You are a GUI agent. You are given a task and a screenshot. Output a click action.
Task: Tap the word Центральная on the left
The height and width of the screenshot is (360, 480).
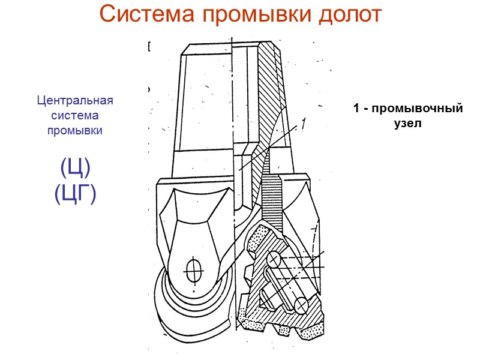[75, 100]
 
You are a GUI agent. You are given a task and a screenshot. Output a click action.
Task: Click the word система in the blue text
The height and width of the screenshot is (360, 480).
[75, 115]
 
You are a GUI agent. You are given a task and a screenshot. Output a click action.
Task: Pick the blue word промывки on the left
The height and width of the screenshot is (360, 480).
[75, 130]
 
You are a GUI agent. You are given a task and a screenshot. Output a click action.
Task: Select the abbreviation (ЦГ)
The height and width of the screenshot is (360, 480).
[75, 193]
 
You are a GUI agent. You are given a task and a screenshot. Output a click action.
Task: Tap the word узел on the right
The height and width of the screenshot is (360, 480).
[409, 124]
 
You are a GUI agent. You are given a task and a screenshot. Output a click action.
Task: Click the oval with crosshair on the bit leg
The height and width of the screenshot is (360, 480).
[193, 269]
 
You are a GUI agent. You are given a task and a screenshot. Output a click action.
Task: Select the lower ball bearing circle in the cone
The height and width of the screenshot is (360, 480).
[302, 305]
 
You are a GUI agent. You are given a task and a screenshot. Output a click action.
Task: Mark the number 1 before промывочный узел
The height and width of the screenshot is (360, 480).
[356, 109]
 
